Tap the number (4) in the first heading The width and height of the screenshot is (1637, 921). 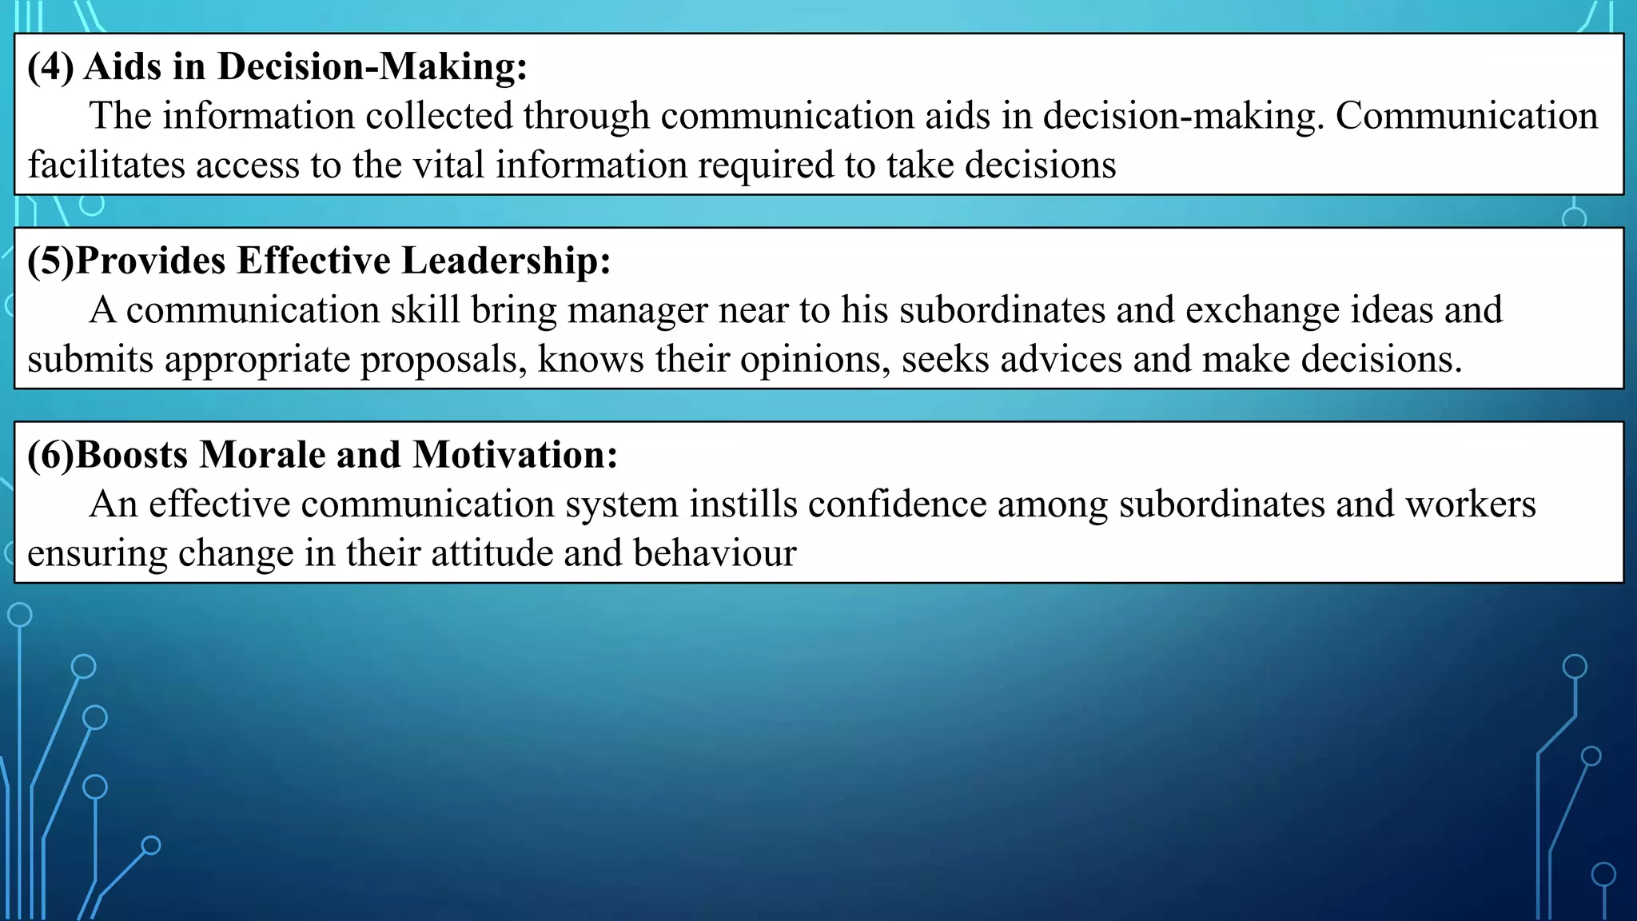(50, 66)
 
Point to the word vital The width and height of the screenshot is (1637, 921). (448, 165)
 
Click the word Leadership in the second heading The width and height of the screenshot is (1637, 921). (506, 261)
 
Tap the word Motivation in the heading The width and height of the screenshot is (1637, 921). (515, 455)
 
